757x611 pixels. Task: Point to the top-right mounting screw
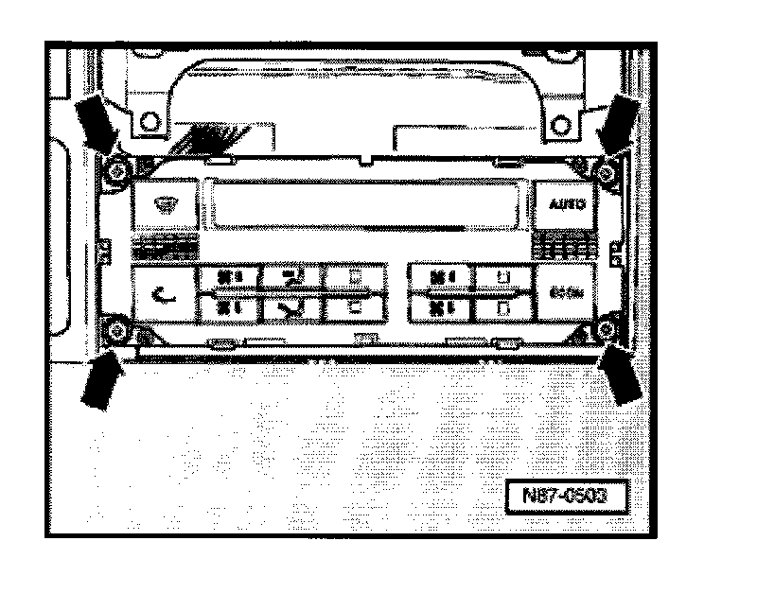click(607, 172)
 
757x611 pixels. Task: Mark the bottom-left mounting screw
click(116, 330)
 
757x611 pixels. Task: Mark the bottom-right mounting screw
click(606, 329)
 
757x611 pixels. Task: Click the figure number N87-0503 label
click(565, 496)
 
